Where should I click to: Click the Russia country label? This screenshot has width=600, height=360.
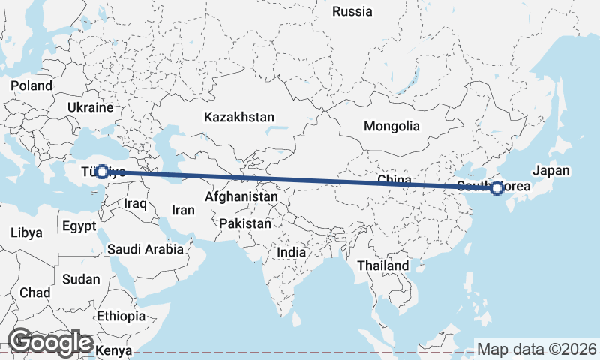click(352, 11)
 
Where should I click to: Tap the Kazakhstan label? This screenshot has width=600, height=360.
click(239, 118)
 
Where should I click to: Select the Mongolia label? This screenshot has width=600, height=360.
click(391, 127)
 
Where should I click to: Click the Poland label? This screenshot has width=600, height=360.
click(31, 85)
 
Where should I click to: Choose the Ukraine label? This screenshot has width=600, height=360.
click(89, 108)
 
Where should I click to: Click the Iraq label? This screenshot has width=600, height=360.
click(136, 204)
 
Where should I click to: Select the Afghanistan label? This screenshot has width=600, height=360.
click(242, 196)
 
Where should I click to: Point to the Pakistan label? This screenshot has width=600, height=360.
click(245, 224)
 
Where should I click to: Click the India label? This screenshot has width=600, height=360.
click(292, 253)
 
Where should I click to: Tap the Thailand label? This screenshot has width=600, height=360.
click(383, 266)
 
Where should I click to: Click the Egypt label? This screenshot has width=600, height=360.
click(79, 226)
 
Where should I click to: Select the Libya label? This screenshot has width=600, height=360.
click(27, 233)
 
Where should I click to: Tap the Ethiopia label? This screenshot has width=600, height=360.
click(121, 316)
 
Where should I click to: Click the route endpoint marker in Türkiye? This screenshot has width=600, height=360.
click(102, 172)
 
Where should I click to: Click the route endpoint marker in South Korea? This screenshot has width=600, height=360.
click(496, 188)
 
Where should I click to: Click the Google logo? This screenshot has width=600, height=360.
click(51, 342)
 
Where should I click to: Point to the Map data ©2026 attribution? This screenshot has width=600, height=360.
click(536, 349)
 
